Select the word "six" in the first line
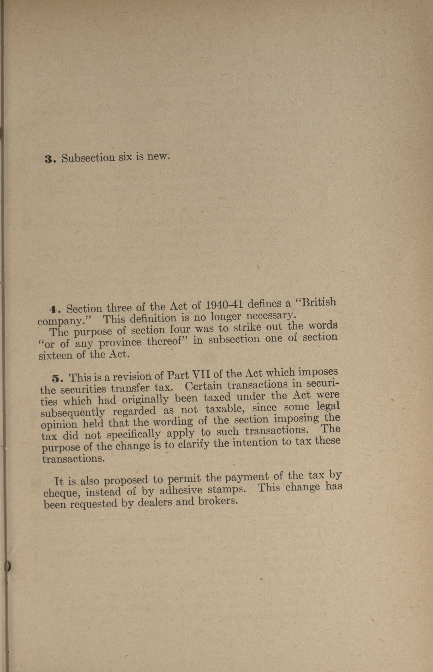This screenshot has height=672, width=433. coord(125,157)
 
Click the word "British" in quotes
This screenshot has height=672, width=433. coord(318,303)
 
